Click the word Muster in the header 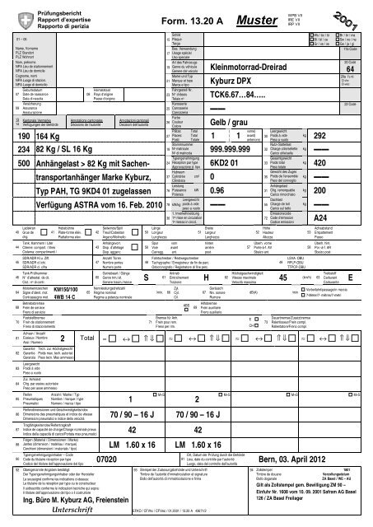click(x=259, y=16)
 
